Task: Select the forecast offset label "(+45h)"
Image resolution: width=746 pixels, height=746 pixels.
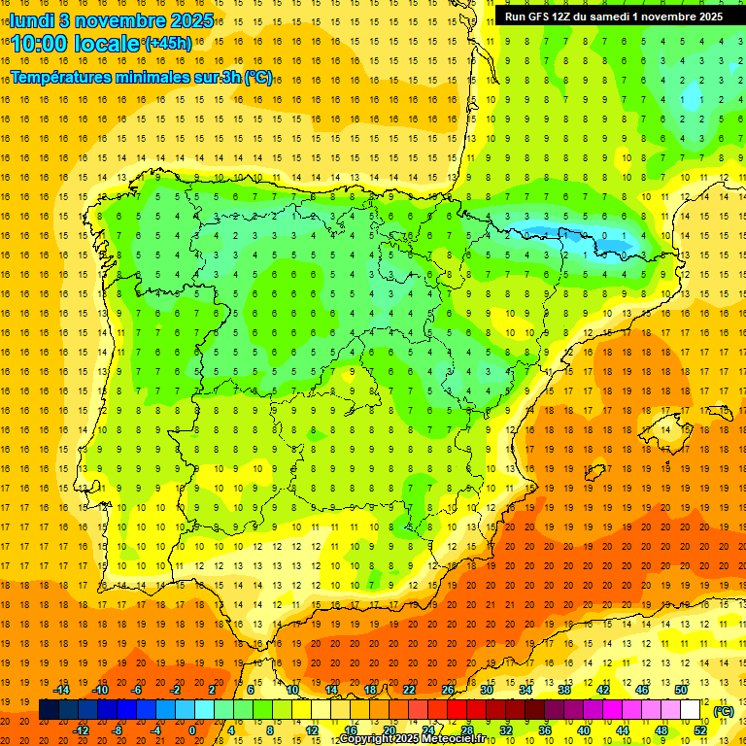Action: coord(168,44)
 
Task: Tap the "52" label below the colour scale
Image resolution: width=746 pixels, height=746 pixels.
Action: coord(700,730)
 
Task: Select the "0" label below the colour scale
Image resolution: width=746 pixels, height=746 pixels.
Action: coord(191,730)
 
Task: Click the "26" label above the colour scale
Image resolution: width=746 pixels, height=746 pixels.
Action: coord(448,690)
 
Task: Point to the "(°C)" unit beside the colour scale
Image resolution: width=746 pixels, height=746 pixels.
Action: coord(723,711)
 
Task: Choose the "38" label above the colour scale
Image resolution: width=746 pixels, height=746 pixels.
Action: coord(563,690)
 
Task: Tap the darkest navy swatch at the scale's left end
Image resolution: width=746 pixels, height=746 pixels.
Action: coord(49,711)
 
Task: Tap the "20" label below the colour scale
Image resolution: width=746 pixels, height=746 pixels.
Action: coord(390,730)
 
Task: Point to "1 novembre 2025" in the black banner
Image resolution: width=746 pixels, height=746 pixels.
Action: coord(673,17)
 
